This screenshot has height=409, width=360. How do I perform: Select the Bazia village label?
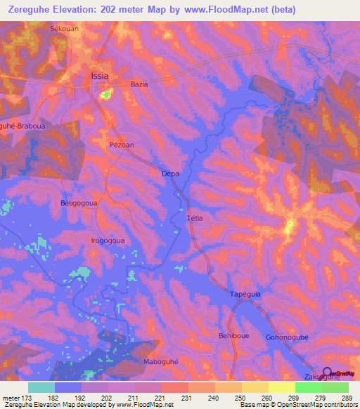pyautogui.click(x=139, y=84)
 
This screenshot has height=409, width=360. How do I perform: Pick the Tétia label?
pyautogui.click(x=195, y=218)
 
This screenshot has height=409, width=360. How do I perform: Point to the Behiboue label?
pyautogui.click(x=234, y=336)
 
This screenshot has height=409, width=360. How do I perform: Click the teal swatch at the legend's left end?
pyautogui.click(x=41, y=387)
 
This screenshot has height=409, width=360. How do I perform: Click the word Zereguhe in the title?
pyautogui.click(x=36, y=10)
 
